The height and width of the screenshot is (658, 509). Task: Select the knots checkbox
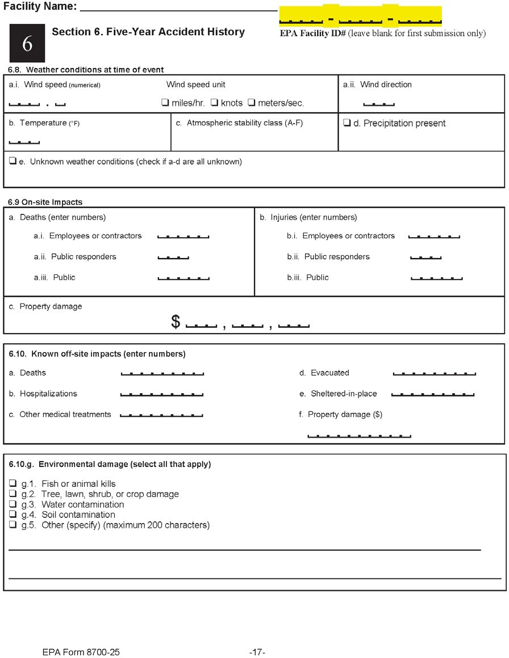point(215,103)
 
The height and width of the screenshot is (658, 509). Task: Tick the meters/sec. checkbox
point(252,103)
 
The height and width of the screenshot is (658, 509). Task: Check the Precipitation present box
point(347,123)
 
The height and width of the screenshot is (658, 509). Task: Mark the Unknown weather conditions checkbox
point(12,162)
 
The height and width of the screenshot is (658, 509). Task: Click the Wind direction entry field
point(378,103)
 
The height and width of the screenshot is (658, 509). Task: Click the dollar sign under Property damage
point(176,322)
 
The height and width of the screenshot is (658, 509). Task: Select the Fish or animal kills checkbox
point(12,484)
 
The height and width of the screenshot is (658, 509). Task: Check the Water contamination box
point(12,504)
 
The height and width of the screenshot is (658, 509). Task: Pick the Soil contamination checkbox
point(12,514)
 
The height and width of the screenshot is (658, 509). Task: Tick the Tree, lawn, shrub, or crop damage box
point(12,494)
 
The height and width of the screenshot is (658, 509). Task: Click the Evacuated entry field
point(434,373)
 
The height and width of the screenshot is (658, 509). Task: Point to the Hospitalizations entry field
point(162,394)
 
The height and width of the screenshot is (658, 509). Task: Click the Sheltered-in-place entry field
point(433,394)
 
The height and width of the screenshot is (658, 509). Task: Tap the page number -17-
point(257,652)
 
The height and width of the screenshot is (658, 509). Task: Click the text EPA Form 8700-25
point(81,652)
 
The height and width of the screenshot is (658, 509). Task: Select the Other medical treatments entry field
point(161,415)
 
